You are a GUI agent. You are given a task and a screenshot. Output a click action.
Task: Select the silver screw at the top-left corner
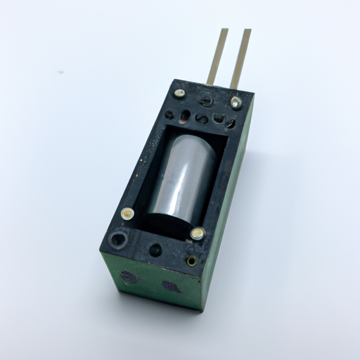point(181,92)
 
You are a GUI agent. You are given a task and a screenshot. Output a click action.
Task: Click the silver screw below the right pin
point(236,103)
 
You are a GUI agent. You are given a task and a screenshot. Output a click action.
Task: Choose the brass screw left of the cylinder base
point(127,213)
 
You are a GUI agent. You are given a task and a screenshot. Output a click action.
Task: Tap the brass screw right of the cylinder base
point(198,233)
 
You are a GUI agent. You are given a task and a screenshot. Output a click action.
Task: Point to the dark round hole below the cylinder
point(155,250)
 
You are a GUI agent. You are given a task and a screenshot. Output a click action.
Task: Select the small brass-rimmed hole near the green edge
point(191,261)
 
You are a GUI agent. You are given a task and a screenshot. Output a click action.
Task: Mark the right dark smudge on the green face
point(171,286)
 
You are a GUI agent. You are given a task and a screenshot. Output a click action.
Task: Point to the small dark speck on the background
point(61,72)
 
